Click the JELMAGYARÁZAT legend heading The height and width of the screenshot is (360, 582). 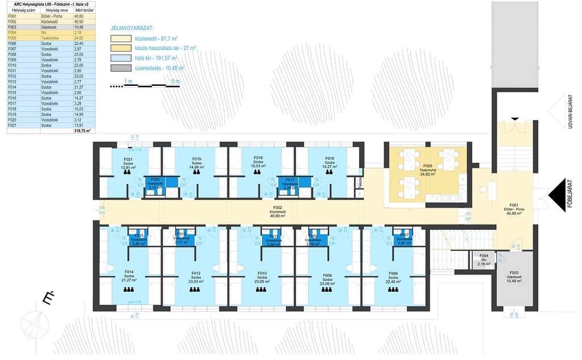(x=132, y=27)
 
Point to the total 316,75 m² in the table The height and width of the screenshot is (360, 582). (x=83, y=131)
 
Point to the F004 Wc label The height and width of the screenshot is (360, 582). (x=483, y=260)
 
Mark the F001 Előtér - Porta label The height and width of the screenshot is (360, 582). (x=514, y=208)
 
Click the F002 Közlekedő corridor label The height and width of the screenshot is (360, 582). (x=278, y=212)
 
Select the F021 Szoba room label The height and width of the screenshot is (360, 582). (x=128, y=163)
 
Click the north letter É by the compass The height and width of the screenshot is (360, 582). (x=48, y=298)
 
